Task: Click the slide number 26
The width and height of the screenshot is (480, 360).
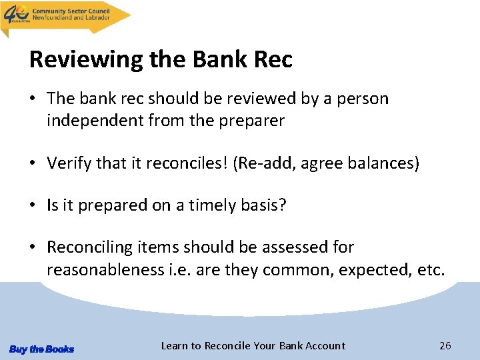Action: pyautogui.click(x=445, y=345)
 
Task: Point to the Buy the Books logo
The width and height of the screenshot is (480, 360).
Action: pyautogui.click(x=41, y=349)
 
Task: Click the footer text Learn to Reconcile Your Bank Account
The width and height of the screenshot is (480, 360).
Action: pyautogui.click(x=253, y=345)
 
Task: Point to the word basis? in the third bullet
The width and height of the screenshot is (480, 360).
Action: pyautogui.click(x=264, y=205)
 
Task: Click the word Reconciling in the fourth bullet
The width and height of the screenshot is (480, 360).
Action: pyautogui.click(x=90, y=247)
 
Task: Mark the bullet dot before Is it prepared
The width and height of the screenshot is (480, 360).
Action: pyautogui.click(x=33, y=205)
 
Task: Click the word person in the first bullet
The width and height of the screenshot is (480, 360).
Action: pyautogui.click(x=364, y=99)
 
